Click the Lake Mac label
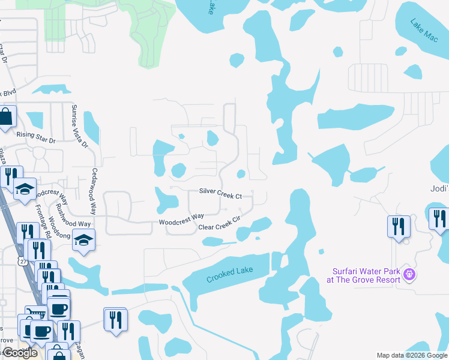424,30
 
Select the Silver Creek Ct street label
220,196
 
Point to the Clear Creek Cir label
219,224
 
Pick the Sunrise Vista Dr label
79,127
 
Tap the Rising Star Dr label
35,137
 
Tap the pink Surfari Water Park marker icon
410,275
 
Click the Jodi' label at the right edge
439,188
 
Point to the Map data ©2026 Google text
412,355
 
